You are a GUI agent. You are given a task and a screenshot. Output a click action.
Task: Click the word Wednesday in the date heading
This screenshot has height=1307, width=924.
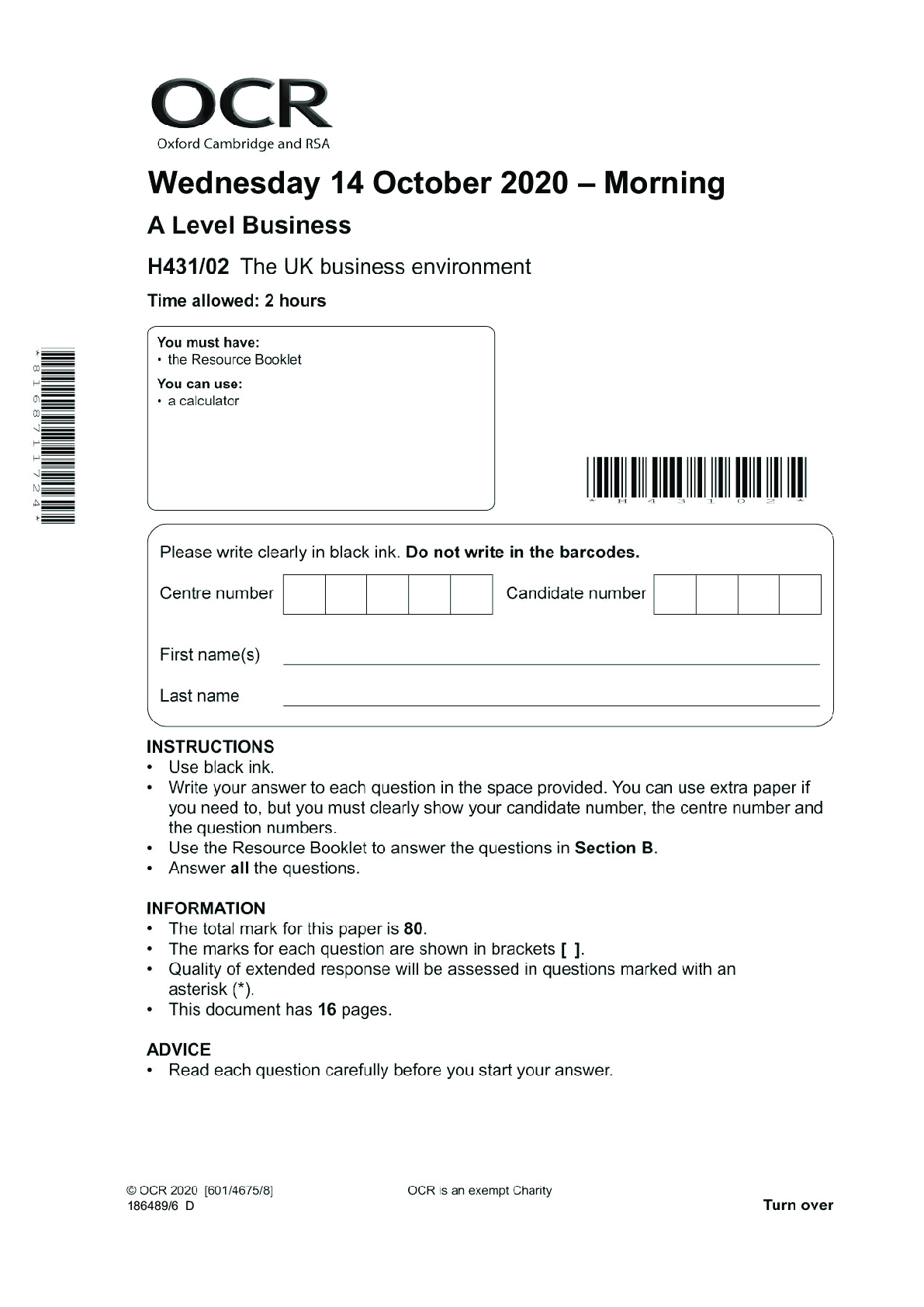pos(234,183)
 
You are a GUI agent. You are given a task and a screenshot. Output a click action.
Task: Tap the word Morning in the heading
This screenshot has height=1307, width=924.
pos(664,183)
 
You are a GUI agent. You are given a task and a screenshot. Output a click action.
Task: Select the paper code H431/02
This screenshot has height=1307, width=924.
pos(189,267)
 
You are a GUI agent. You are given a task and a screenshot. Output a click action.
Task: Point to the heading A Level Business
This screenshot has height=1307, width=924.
pos(249,225)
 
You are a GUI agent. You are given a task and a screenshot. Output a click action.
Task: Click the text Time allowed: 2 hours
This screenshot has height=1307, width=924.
pos(237,301)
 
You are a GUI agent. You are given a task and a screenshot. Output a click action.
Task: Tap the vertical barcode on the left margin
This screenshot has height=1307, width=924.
pos(60,435)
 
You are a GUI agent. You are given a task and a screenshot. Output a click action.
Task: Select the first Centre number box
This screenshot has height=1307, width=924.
pos(304,595)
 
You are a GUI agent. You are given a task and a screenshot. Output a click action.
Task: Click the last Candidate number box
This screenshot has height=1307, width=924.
pos(800,595)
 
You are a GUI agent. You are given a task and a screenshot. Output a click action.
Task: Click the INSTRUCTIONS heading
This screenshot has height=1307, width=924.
pos(210,747)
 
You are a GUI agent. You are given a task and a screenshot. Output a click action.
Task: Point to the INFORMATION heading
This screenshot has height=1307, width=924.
pos(206,908)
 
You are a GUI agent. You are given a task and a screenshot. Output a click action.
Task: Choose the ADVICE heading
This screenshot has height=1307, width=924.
pos(178,1049)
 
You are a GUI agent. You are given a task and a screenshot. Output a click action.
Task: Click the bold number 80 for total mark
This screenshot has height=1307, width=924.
pos(414,929)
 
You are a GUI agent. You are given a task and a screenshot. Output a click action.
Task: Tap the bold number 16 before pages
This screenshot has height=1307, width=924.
pos(327,1010)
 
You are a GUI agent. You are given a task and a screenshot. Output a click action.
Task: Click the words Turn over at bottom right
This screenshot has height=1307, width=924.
pos(798,1205)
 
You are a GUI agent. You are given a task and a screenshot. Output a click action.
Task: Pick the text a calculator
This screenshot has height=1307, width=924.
pos(203,401)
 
